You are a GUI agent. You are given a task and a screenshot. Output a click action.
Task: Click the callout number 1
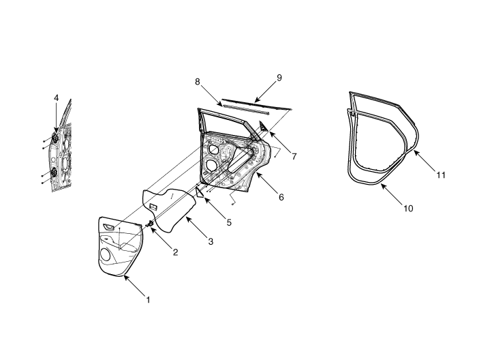[x=148, y=300]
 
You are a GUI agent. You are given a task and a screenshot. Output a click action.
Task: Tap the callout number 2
[x=175, y=252]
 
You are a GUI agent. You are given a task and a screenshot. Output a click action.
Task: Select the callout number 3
[x=211, y=241]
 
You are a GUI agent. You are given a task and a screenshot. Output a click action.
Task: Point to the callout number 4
[x=57, y=97]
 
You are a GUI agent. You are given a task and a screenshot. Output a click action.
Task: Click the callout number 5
[x=229, y=222]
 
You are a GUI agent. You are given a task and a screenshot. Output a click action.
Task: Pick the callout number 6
[x=281, y=197]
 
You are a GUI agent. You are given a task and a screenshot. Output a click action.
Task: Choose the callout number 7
[x=294, y=156]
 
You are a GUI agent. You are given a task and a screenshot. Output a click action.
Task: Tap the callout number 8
[x=198, y=82]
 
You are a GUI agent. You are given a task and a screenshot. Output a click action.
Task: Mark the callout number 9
[x=279, y=78]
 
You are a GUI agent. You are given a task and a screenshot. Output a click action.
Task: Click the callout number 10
[x=408, y=209]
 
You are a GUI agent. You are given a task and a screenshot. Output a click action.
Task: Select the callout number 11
[x=441, y=175]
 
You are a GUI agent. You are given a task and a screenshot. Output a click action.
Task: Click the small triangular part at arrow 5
[x=199, y=193]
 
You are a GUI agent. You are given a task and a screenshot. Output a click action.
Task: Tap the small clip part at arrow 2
[x=151, y=224]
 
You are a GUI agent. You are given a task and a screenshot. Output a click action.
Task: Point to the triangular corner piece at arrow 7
[x=264, y=126]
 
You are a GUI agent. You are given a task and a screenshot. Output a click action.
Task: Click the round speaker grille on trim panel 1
[x=105, y=254]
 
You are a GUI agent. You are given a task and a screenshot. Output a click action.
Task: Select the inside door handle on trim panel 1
[x=108, y=226]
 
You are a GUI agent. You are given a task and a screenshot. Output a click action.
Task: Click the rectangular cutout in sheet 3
[x=153, y=206]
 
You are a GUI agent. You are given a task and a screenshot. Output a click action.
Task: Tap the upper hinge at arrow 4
[x=55, y=137]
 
